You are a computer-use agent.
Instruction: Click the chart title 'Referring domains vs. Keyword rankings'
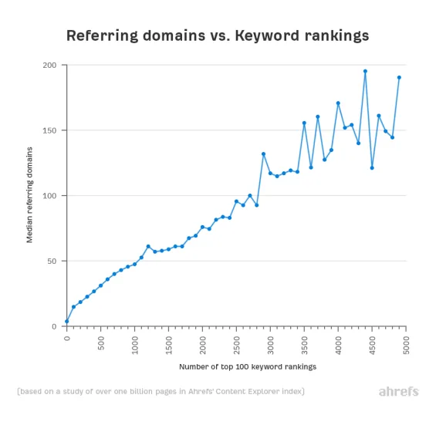point(218,35)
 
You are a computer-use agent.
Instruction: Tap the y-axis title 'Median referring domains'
point(30,196)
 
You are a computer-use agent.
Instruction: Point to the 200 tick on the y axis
point(50,66)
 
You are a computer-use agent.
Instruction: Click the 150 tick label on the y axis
point(50,130)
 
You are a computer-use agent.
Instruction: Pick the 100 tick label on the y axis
point(50,196)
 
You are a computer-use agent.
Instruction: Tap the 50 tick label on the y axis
point(52,261)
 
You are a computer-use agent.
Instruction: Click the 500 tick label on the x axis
point(101,342)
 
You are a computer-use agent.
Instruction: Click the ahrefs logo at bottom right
point(398,392)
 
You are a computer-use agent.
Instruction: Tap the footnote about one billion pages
point(161,392)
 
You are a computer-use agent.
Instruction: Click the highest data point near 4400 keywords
point(365,71)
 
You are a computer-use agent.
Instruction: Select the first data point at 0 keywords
point(67,321)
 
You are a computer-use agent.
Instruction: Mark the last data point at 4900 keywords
point(399,77)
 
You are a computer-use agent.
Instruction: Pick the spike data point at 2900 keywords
point(263,153)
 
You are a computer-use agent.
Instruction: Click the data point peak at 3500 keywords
point(304,123)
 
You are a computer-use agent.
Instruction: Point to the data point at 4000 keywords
point(338,103)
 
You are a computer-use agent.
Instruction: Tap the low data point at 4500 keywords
point(372,167)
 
